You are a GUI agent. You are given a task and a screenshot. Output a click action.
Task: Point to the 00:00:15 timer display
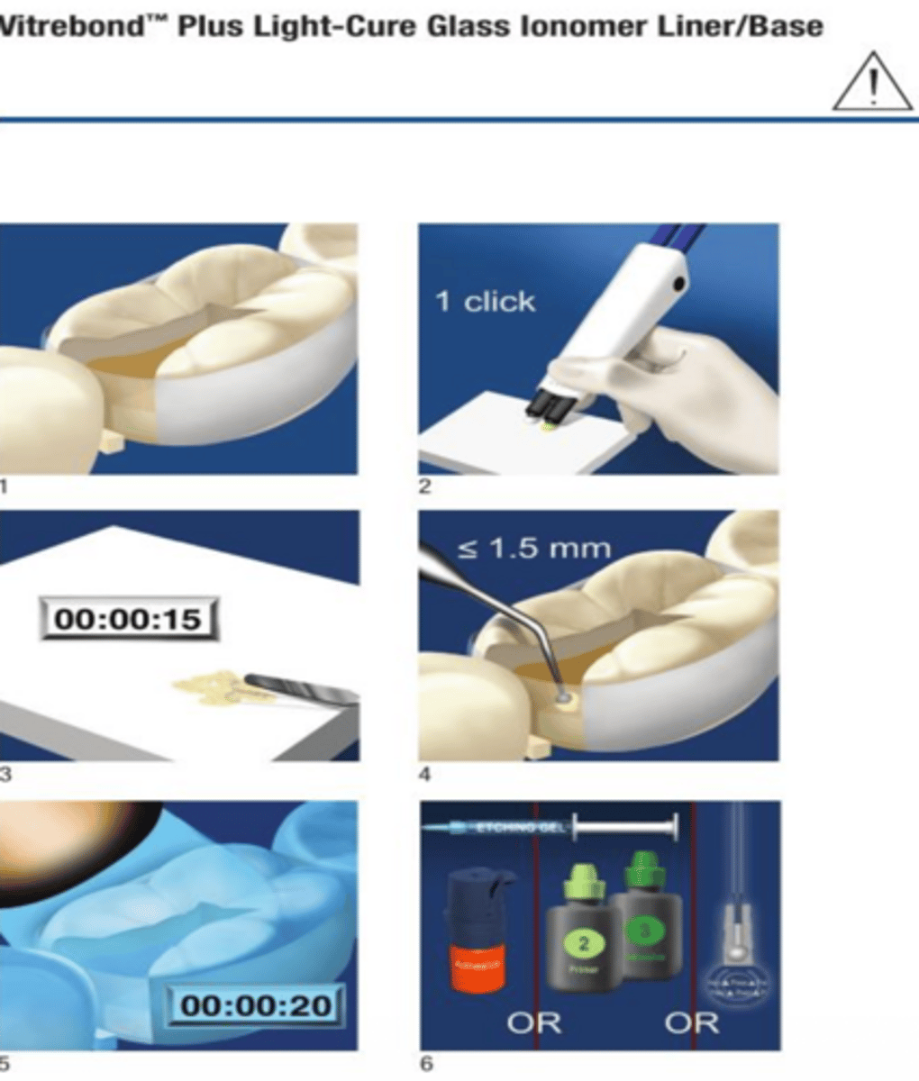(128, 620)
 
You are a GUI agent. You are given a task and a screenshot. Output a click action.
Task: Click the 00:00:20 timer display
(256, 1004)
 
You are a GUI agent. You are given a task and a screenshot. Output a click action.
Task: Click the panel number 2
(425, 486)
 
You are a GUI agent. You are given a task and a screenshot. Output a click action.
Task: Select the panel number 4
(425, 775)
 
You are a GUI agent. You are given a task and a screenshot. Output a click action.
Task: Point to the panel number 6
(426, 1063)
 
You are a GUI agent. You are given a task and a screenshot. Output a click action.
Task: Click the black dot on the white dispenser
(678, 286)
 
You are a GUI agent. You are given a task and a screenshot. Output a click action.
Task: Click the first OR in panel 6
(533, 1022)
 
